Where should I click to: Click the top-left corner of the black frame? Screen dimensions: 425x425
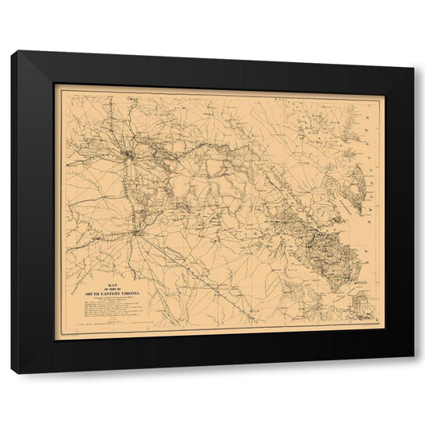[x=13, y=53]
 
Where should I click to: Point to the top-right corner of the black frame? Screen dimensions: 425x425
[x=413, y=66]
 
